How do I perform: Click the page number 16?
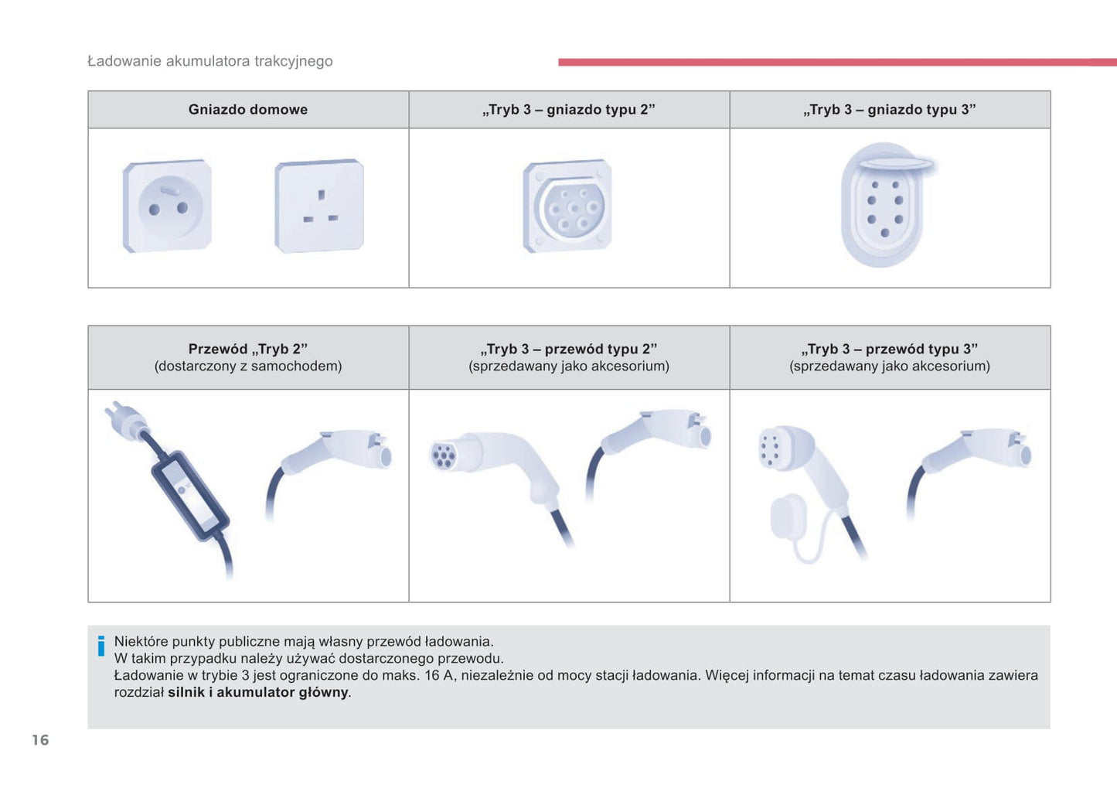(x=40, y=739)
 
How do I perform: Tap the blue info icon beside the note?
(x=101, y=646)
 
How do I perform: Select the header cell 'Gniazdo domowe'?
(x=248, y=109)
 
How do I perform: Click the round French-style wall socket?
(x=168, y=206)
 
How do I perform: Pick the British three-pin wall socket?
(x=319, y=206)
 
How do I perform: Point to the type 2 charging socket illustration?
(x=567, y=206)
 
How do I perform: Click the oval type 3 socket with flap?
(x=884, y=206)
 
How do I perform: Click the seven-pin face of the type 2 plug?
(x=443, y=455)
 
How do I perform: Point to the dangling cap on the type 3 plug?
(x=788, y=517)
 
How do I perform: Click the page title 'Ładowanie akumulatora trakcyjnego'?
(x=210, y=61)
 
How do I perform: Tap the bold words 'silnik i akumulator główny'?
(x=258, y=692)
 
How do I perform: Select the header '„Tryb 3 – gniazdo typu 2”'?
(x=568, y=109)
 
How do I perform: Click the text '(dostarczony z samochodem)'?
(x=248, y=366)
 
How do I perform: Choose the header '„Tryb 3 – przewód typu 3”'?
(x=889, y=349)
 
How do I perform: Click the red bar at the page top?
(x=837, y=63)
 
